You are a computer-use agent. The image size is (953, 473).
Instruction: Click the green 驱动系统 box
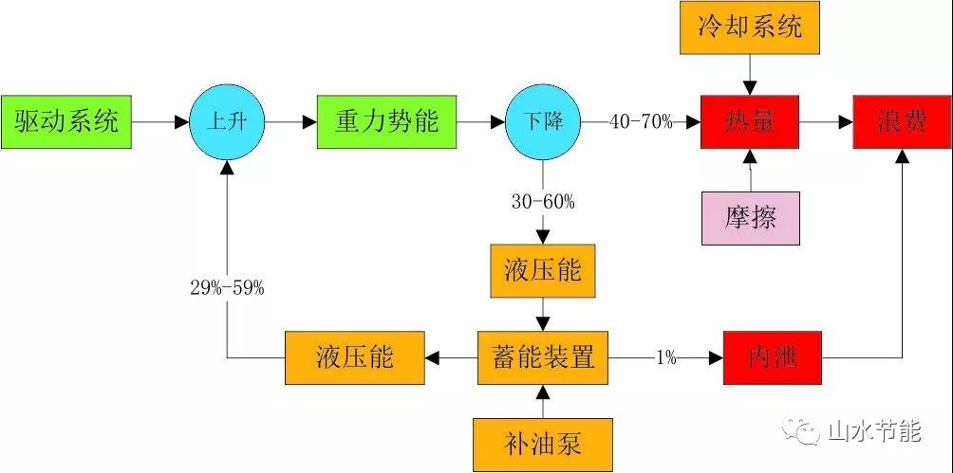pyautogui.click(x=65, y=121)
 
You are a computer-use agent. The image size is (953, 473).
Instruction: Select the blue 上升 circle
pyautogui.click(x=226, y=120)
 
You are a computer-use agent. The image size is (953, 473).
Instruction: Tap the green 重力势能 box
pyautogui.click(x=386, y=121)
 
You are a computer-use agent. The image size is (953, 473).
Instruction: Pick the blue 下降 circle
pyautogui.click(x=542, y=121)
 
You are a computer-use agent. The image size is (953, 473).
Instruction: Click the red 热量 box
pyautogui.click(x=749, y=121)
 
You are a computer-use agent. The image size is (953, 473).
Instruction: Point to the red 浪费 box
pyautogui.click(x=901, y=121)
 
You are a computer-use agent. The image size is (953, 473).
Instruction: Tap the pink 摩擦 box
pyautogui.click(x=749, y=217)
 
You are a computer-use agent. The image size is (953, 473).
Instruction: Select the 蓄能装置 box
pyautogui.click(x=542, y=357)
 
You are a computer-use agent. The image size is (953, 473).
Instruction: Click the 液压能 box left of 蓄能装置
pyautogui.click(x=355, y=357)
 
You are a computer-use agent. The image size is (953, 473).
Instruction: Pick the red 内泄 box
pyautogui.click(x=771, y=357)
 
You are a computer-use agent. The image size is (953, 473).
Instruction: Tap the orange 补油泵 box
pyautogui.click(x=542, y=442)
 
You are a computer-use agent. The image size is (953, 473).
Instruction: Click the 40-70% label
pyautogui.click(x=641, y=121)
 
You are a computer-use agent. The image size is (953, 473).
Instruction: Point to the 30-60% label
pyautogui.click(x=542, y=201)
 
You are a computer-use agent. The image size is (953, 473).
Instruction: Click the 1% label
pyautogui.click(x=665, y=357)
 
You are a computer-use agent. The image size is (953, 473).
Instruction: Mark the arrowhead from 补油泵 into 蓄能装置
pyautogui.click(x=542, y=391)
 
